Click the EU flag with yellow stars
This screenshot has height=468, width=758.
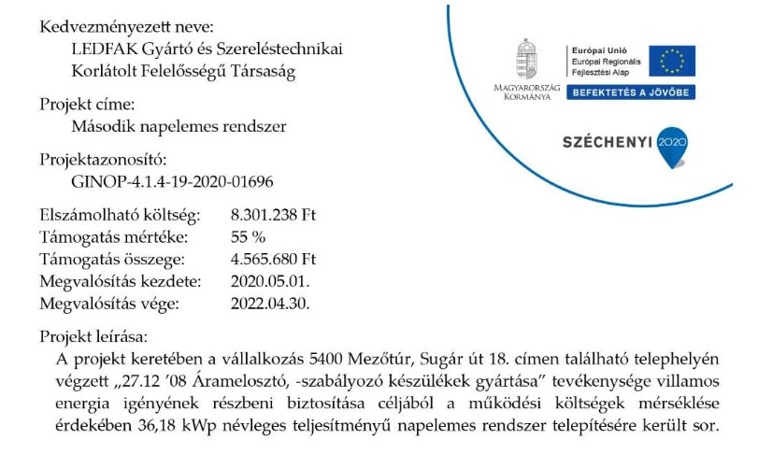pyautogui.click(x=673, y=61)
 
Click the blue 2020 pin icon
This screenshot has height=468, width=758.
pyautogui.click(x=672, y=143)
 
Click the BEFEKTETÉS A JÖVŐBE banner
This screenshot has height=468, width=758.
pyautogui.click(x=629, y=92)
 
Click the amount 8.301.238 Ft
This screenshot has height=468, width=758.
pyautogui.click(x=274, y=216)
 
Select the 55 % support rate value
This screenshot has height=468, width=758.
pyautogui.click(x=248, y=237)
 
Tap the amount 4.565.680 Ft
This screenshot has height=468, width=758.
pyautogui.click(x=274, y=260)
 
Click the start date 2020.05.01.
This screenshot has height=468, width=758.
pyautogui.click(x=270, y=281)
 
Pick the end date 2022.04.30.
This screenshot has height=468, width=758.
pyautogui.click(x=270, y=304)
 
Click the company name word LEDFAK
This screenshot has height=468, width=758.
pyautogui.click(x=100, y=49)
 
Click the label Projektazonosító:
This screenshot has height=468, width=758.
pyautogui.click(x=103, y=160)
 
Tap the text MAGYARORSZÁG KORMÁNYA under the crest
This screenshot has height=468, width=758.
pyautogui.click(x=529, y=92)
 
